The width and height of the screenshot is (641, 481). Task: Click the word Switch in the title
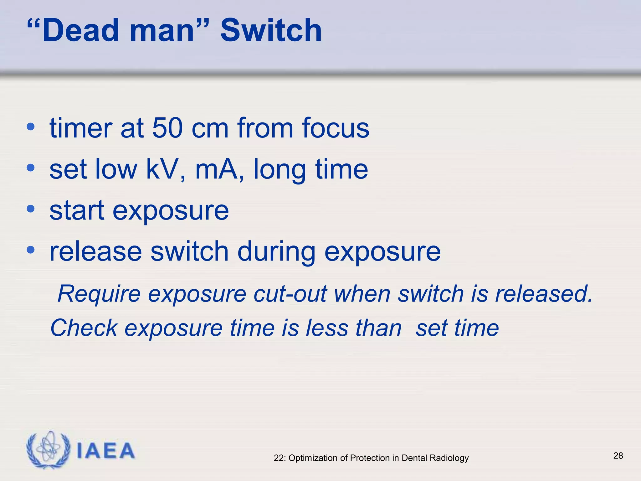[271, 30]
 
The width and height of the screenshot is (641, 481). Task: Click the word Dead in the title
[81, 30]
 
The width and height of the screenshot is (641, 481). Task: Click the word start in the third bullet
[77, 210]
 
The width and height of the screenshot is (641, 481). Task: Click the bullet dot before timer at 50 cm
[30, 127]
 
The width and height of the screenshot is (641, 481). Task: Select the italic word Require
[99, 294]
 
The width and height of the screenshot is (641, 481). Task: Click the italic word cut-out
[290, 294]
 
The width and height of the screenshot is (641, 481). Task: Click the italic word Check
[84, 328]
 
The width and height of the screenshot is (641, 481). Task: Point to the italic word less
[327, 328]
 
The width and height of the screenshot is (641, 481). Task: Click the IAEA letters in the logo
[105, 451]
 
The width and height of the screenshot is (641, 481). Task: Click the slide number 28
[618, 456]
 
